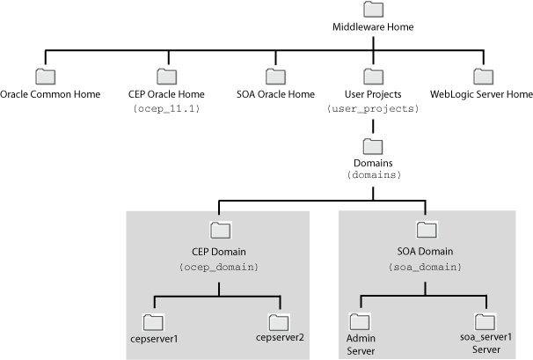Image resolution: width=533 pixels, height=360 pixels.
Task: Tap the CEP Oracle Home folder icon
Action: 166,77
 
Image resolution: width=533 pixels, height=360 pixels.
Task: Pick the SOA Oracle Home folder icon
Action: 275,77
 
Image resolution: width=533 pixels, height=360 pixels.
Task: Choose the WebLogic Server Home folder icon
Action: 481,77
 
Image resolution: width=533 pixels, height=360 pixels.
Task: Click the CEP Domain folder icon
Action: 221,231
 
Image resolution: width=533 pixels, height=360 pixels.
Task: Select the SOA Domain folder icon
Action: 427,231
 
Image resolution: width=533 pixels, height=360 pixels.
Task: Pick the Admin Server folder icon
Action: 359,320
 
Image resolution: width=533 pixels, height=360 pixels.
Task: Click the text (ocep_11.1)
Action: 166,108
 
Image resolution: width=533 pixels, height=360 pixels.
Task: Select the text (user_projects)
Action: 373,108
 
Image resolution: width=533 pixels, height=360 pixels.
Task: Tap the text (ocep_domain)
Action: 221,265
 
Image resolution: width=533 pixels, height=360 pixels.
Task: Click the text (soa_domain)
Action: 427,265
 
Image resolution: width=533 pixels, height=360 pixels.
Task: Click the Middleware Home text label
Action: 373,27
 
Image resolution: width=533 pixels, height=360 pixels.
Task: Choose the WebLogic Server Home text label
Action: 481,94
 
